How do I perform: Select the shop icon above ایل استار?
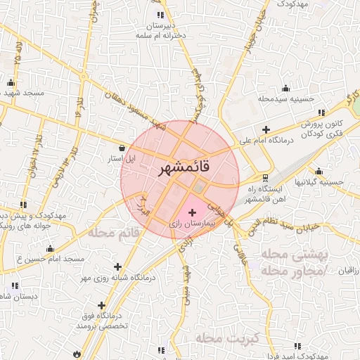pyautogui.click(x=124, y=148)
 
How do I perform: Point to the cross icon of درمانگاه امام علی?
pyautogui.click(x=266, y=129)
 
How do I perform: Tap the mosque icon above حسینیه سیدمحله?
pyautogui.click(x=285, y=88)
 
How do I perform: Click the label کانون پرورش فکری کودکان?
pyautogui.click(x=323, y=128)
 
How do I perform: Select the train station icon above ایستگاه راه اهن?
pyautogui.click(x=265, y=177)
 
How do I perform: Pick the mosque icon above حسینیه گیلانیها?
pyautogui.click(x=319, y=171)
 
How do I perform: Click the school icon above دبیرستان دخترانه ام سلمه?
pyautogui.click(x=161, y=15)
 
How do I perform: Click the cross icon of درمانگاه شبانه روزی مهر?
pyautogui.click(x=117, y=266)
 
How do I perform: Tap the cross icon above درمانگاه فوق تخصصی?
pyautogui.click(x=103, y=305)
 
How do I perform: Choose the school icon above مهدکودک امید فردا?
pyautogui.click(x=297, y=345)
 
